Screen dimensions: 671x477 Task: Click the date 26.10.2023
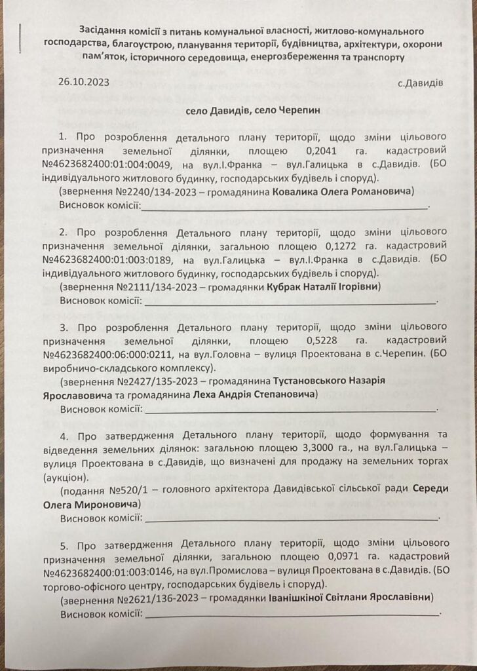[x=83, y=84]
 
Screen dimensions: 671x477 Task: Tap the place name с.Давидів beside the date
[x=420, y=84]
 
